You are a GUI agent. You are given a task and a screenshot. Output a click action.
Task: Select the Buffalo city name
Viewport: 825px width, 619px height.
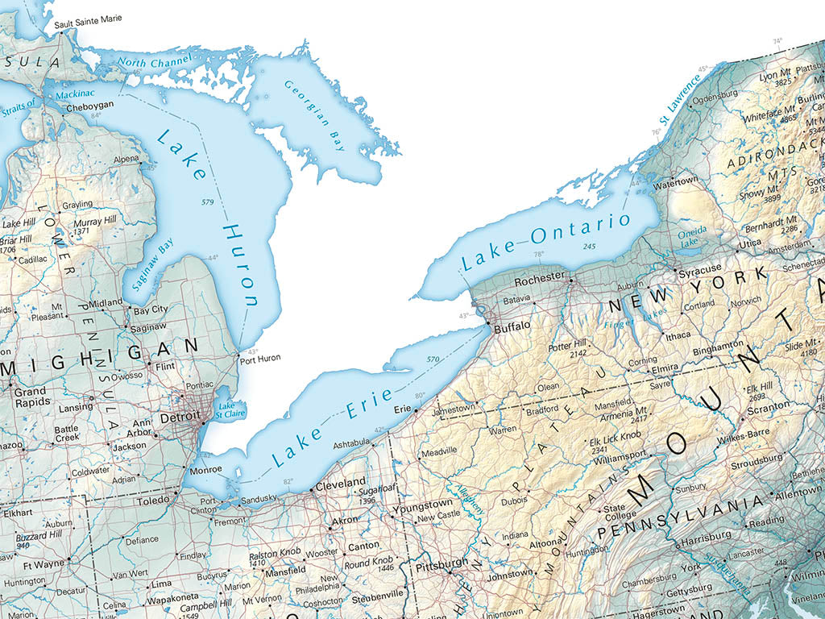pyautogui.click(x=512, y=327)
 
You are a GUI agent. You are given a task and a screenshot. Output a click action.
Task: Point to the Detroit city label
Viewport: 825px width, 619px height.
pyautogui.click(x=180, y=419)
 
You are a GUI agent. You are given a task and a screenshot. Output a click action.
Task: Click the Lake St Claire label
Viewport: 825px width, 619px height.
pyautogui.click(x=228, y=410)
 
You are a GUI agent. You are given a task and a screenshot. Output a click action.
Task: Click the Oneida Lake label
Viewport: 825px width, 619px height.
pyautogui.click(x=692, y=235)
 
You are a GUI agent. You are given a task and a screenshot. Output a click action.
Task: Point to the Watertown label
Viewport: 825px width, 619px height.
pyautogui.click(x=677, y=181)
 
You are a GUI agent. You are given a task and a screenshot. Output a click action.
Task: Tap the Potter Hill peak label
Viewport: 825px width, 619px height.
pyautogui.click(x=568, y=346)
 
